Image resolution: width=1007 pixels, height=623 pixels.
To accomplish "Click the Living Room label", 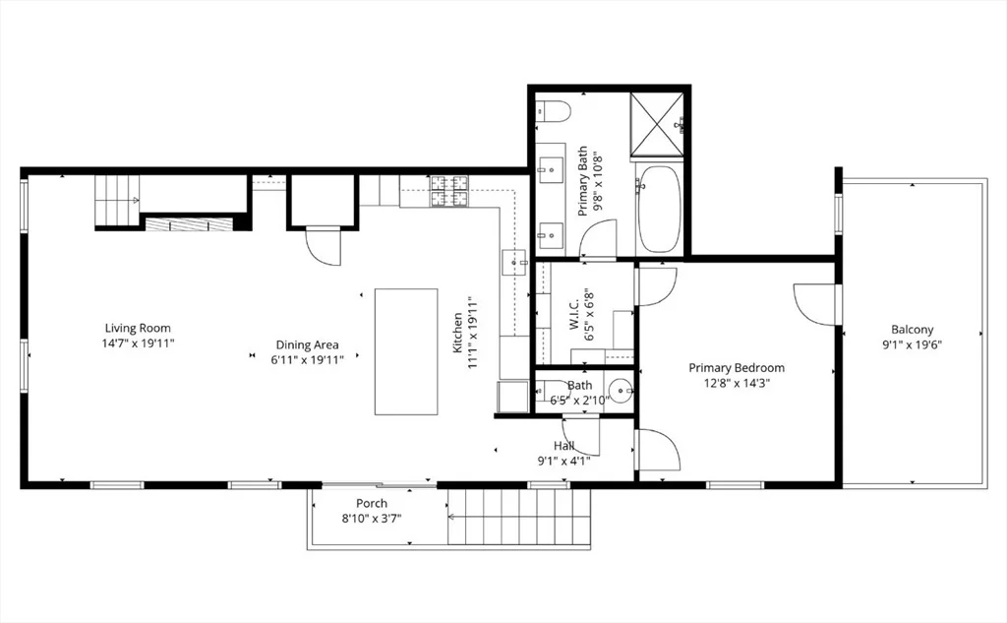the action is tap(138, 329).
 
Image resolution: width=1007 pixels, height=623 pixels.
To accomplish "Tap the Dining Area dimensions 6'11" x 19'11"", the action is tap(308, 359).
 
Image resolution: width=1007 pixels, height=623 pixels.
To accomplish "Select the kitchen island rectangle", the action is tap(406, 351).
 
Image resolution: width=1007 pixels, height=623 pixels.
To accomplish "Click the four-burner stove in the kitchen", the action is tap(449, 191).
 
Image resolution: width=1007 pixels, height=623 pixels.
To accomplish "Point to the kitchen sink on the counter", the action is tap(513, 263).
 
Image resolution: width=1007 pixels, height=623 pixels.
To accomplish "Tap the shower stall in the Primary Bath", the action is tap(657, 125).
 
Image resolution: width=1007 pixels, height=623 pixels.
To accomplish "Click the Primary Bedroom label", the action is tap(737, 368).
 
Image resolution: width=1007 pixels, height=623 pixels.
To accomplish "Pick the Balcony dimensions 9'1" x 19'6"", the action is tap(912, 344).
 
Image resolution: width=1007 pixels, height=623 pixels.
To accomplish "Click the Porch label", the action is tap(372, 503).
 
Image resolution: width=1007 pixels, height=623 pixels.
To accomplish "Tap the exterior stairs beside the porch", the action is tap(518, 517).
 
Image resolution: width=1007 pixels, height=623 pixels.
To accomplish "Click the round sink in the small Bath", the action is tap(621, 390).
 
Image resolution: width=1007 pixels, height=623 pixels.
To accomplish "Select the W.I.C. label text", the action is tap(574, 315).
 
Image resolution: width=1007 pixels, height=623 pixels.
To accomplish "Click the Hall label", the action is tap(563, 446).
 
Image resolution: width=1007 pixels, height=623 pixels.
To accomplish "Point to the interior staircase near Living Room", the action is tap(118, 200).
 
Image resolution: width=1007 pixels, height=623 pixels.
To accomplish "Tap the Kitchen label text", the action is tap(458, 333).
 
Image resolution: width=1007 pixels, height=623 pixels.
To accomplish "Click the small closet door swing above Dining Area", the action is tap(323, 246).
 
